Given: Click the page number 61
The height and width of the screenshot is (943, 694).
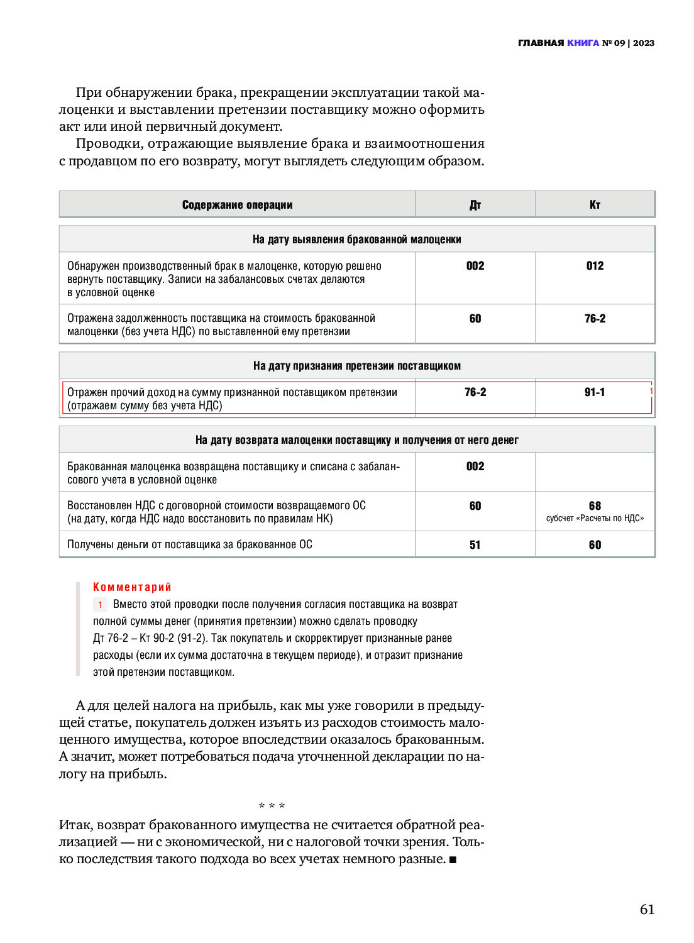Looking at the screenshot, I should coord(647,909).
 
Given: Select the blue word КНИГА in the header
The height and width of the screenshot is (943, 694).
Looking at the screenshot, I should coord(583,43).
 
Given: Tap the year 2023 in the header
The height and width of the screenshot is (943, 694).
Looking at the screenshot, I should coord(644,43).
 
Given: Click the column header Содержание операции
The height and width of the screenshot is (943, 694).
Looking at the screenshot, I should coord(237,205).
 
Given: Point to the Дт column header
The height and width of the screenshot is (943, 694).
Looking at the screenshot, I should coord(475,205).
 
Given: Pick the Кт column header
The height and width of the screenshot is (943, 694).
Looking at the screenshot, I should coord(595,205).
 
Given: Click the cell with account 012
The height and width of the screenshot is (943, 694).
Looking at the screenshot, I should coord(595,266).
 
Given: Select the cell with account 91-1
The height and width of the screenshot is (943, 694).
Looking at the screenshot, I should coord(595,392).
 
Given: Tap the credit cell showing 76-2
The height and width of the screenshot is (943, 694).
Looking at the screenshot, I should coord(595,319).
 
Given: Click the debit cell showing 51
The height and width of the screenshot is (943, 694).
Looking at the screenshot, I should coord(475,545).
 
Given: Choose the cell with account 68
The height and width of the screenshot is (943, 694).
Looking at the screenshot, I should coord(595,505).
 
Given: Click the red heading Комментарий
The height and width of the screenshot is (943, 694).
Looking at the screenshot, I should coord(132,587).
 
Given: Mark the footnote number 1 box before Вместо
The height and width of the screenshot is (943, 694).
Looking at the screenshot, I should coord(99,605).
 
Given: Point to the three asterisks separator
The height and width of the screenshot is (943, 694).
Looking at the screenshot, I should coord(272,806).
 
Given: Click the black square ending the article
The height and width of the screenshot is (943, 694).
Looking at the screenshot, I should coord(453,859).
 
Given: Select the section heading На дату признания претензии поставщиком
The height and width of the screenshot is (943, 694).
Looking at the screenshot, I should coord(356,366).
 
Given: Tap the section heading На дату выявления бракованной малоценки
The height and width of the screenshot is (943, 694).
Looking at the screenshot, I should coord(356,240).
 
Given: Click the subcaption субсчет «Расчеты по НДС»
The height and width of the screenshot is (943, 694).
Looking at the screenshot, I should coord(595,519).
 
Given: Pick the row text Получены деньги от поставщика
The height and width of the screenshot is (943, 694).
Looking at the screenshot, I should coord(189,545).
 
